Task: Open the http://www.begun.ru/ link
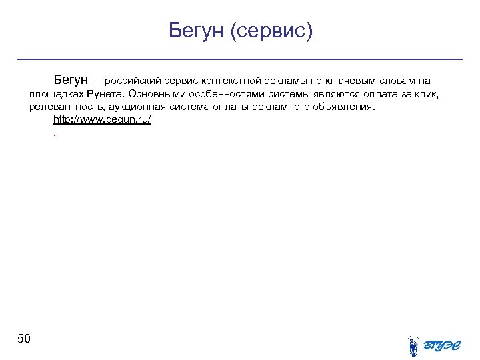(x=102, y=119)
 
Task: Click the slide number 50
(x=23, y=339)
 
